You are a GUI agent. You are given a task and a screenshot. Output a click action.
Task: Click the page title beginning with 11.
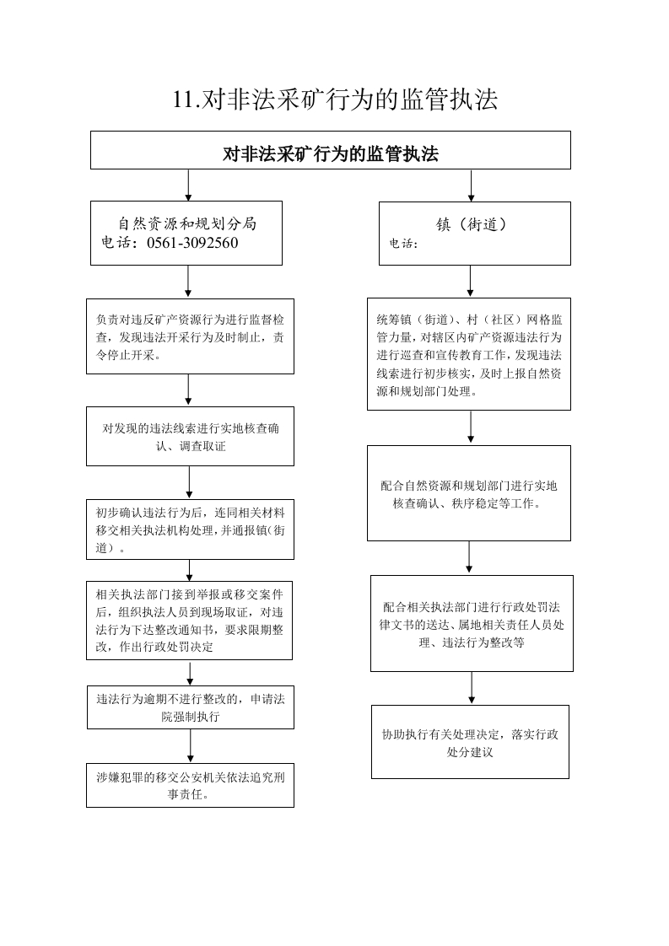click(335, 99)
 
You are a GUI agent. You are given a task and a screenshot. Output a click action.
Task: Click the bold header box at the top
click(330, 150)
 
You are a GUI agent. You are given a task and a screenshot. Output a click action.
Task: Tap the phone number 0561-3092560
click(192, 243)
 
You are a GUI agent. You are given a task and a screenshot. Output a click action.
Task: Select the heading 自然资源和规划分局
click(187, 223)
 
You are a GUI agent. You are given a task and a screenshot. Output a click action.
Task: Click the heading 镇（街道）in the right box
click(472, 224)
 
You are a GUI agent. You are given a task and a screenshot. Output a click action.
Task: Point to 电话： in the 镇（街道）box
click(403, 243)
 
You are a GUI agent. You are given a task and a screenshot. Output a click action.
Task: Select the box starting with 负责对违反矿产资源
click(190, 336)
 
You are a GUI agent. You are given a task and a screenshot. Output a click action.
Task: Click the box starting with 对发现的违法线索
click(190, 436)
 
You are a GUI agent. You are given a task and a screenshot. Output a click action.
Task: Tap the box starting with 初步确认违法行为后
click(190, 529)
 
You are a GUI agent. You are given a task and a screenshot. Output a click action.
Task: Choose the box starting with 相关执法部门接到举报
click(190, 621)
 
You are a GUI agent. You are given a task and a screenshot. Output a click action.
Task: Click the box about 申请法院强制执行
click(191, 707)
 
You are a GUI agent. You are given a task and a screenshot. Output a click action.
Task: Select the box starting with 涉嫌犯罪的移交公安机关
click(190, 785)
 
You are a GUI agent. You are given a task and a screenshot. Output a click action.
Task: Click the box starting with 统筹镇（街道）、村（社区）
click(469, 354)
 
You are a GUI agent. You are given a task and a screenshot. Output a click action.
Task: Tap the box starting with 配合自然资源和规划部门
click(469, 493)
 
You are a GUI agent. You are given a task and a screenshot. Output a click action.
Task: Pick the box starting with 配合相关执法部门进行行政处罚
click(472, 623)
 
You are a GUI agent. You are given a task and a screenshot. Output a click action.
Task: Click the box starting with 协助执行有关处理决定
click(471, 741)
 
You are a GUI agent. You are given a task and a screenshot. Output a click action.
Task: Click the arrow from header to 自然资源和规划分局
click(188, 185)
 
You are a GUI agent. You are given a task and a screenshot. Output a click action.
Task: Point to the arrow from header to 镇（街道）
click(471, 185)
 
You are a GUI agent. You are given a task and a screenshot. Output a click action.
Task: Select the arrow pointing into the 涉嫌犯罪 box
click(191, 746)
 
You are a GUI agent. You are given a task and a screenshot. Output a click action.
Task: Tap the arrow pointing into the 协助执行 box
click(472, 688)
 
